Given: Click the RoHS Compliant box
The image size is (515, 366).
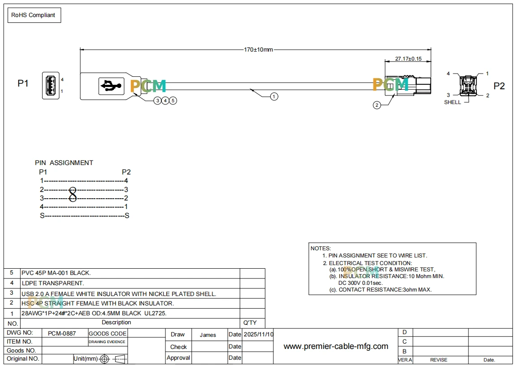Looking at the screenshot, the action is pyautogui.click(x=34, y=15).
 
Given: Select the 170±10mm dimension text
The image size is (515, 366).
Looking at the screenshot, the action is pyautogui.click(x=258, y=50).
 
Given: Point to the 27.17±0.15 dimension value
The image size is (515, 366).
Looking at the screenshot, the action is pyautogui.click(x=408, y=59).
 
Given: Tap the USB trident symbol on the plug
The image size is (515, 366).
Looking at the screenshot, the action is pyautogui.click(x=111, y=86).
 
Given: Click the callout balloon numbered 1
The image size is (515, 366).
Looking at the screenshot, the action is pyautogui.click(x=274, y=96).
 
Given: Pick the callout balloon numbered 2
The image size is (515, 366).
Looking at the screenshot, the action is pyautogui.click(x=377, y=105).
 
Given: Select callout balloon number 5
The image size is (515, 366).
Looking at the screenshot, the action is pyautogui.click(x=173, y=100).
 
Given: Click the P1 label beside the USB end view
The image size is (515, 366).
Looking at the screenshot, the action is pyautogui.click(x=23, y=83).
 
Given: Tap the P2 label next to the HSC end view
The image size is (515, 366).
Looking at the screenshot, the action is pyautogui.click(x=499, y=86).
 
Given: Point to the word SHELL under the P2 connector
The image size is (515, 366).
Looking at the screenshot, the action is pyautogui.click(x=452, y=102).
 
